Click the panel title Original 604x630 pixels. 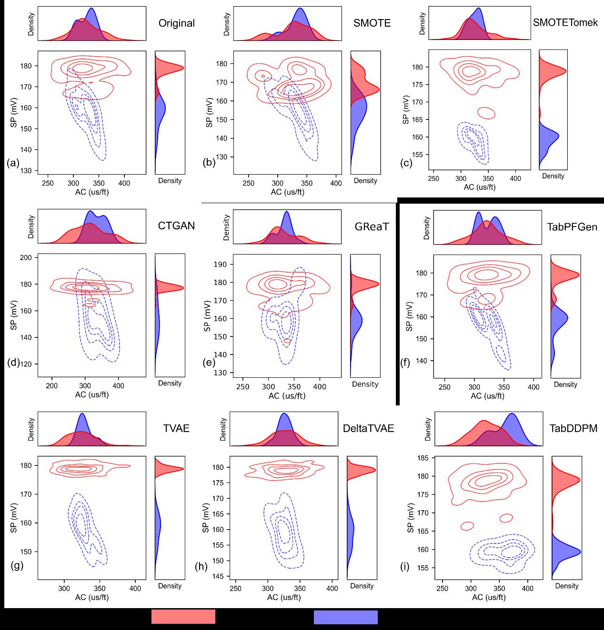point(176,23)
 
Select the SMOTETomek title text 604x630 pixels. point(565,22)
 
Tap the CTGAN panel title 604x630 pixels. point(176,226)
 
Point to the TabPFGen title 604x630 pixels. point(572,226)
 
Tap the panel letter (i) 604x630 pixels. point(405,567)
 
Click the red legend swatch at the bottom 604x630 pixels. point(183,617)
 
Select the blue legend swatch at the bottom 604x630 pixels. point(346,617)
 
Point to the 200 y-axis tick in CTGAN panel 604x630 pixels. point(26,257)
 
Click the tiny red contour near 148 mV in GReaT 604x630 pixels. point(287,341)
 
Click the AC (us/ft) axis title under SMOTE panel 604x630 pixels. point(287,192)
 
